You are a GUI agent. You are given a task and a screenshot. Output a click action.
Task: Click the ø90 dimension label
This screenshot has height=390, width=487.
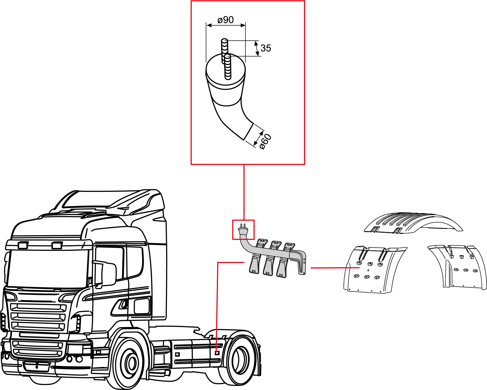pos(226,20)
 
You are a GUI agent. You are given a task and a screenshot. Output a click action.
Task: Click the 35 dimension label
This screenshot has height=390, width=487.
pos(266,48)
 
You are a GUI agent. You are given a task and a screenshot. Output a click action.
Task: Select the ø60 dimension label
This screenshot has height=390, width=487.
pos(265,141)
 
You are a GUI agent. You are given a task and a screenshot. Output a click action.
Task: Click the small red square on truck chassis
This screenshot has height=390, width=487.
pos(217,353)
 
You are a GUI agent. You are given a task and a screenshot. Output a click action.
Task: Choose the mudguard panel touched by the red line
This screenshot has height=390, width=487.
pos(374,270)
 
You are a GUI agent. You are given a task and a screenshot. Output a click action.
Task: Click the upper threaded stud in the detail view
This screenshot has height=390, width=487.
pos(224,51)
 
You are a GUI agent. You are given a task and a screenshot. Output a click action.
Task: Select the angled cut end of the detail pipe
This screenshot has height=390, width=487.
pos(249,131)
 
